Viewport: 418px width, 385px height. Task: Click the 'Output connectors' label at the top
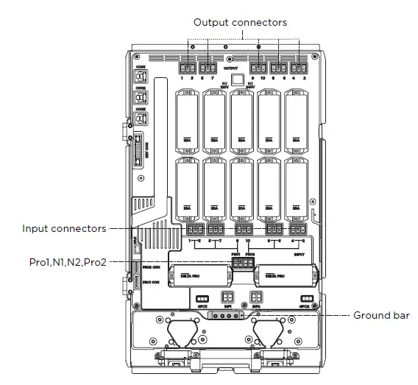click(240, 23)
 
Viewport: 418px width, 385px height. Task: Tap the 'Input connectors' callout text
click(64, 228)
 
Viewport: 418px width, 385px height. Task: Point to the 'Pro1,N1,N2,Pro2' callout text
click(64, 261)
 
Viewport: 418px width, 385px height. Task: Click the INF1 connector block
click(229, 297)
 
